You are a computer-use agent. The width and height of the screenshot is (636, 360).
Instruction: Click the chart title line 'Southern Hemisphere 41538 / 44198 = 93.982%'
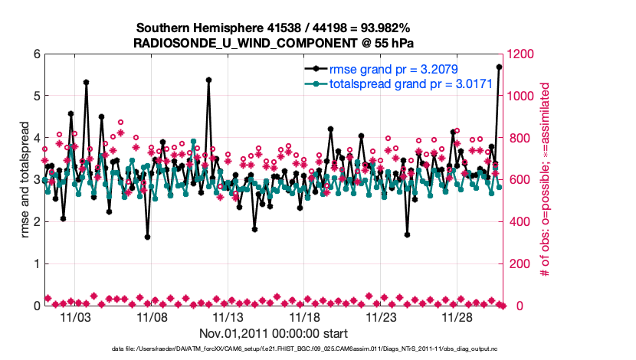click(273, 28)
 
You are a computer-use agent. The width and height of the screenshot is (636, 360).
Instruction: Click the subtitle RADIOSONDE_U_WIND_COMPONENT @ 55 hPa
click(273, 43)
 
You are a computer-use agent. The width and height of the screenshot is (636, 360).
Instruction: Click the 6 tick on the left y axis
click(36, 54)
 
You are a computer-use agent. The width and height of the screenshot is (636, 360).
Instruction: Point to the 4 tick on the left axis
click(36, 138)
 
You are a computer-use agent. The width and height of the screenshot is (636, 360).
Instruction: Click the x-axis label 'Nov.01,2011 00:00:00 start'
click(273, 333)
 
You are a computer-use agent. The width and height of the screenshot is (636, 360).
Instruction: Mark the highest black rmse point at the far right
click(500, 67)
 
